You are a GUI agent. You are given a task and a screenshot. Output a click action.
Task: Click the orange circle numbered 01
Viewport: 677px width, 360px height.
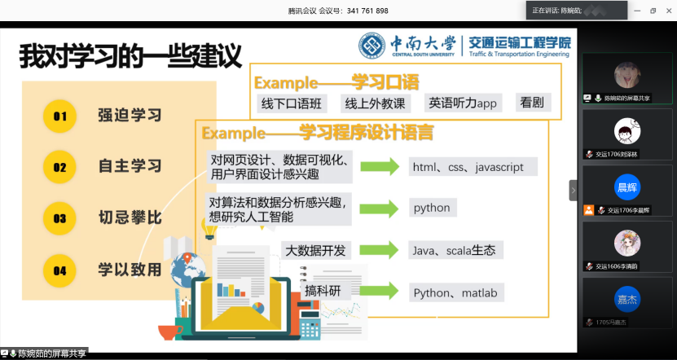coord(59,116)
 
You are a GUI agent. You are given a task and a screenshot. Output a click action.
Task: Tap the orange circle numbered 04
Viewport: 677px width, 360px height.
coord(59,270)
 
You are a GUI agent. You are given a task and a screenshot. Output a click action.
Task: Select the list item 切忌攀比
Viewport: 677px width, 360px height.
coord(130,218)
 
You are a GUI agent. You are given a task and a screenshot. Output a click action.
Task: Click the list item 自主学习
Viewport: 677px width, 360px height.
coord(130,167)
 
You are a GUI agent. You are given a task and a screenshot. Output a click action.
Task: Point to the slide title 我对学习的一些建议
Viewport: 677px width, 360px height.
coord(131,57)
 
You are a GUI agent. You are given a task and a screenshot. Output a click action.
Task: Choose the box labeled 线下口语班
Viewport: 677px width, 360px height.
coord(292,103)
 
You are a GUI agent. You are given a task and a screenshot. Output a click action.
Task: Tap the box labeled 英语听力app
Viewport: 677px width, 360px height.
coord(464,103)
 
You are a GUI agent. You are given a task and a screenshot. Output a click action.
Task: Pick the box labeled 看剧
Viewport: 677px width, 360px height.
coord(532,103)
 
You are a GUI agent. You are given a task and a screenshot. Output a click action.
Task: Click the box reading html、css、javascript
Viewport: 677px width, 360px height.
coord(473,167)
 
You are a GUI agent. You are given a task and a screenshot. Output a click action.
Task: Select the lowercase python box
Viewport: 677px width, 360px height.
coord(432,208)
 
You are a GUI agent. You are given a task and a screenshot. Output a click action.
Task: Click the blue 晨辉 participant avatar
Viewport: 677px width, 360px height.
coord(626,187)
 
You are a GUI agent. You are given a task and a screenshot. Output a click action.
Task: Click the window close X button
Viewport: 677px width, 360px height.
coord(667,11)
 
